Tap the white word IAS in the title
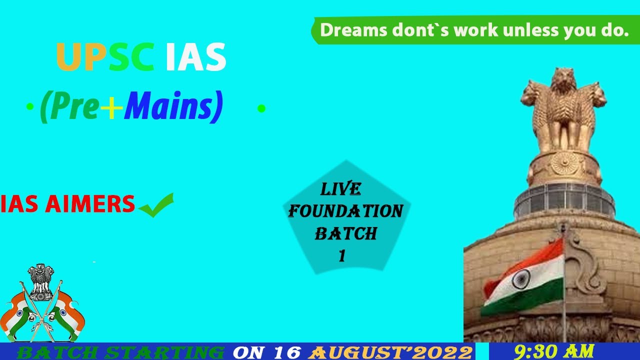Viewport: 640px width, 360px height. (x=196, y=57)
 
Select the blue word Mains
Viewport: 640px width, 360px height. (x=173, y=107)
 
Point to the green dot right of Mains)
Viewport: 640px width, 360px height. (x=261, y=108)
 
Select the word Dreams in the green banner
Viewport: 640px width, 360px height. (x=353, y=30)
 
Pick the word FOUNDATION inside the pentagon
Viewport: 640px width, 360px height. (x=345, y=211)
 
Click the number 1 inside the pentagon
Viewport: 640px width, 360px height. (x=342, y=256)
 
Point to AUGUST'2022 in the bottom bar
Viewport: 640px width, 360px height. (x=390, y=352)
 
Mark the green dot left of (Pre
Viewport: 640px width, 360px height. (x=30, y=107)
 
